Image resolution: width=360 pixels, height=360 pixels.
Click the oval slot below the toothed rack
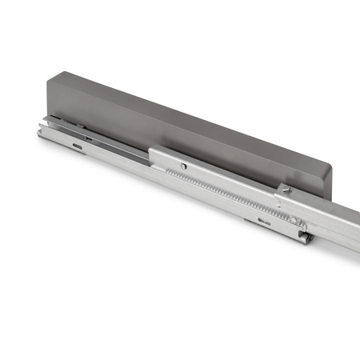click(264, 221)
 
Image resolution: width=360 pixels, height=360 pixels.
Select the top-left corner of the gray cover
click(49, 74)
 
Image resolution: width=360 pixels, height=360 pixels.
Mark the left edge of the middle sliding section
click(151, 154)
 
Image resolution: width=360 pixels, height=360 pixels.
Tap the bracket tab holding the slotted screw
click(285, 192)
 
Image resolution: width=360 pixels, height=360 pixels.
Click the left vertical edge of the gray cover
click(47, 96)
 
